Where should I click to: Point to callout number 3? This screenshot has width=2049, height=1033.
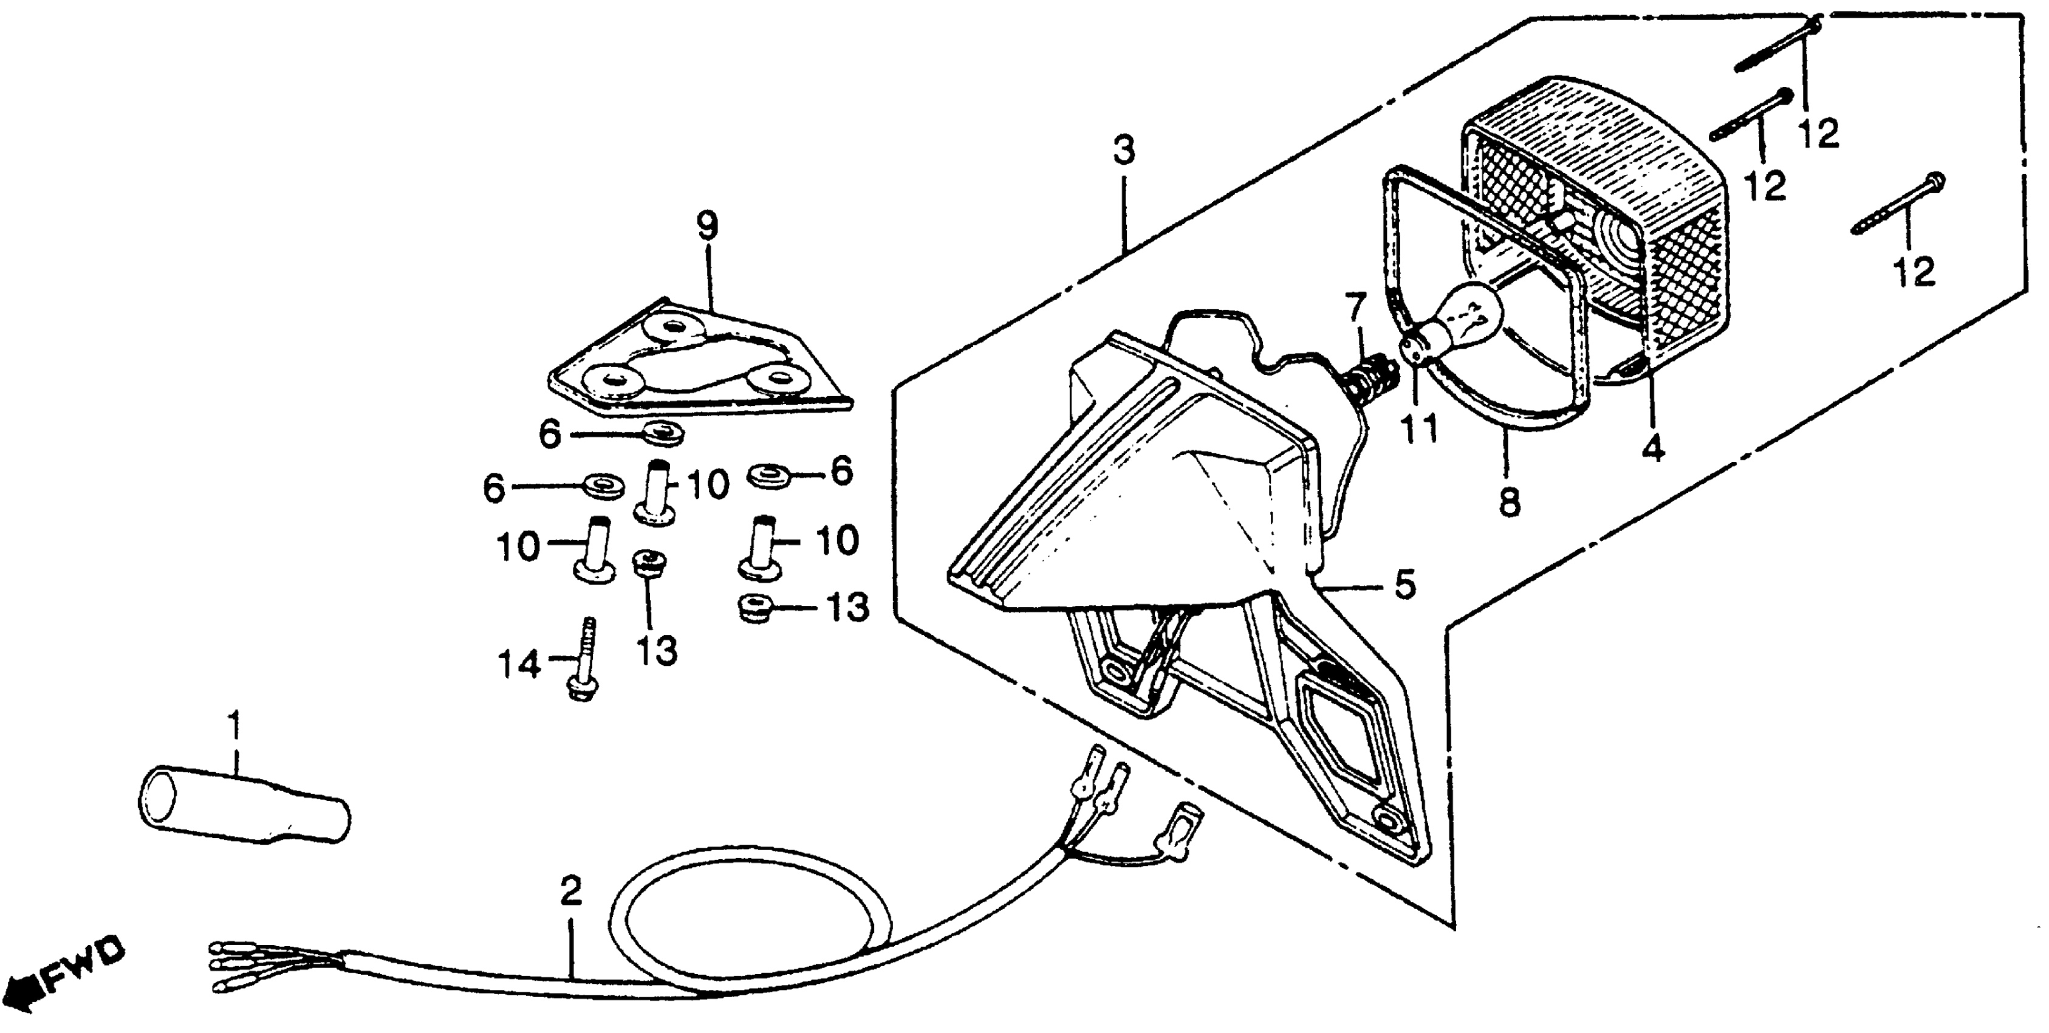tap(1123, 151)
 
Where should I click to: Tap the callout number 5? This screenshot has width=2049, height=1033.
tap(1404, 585)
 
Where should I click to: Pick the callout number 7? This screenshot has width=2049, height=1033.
tap(1355, 308)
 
